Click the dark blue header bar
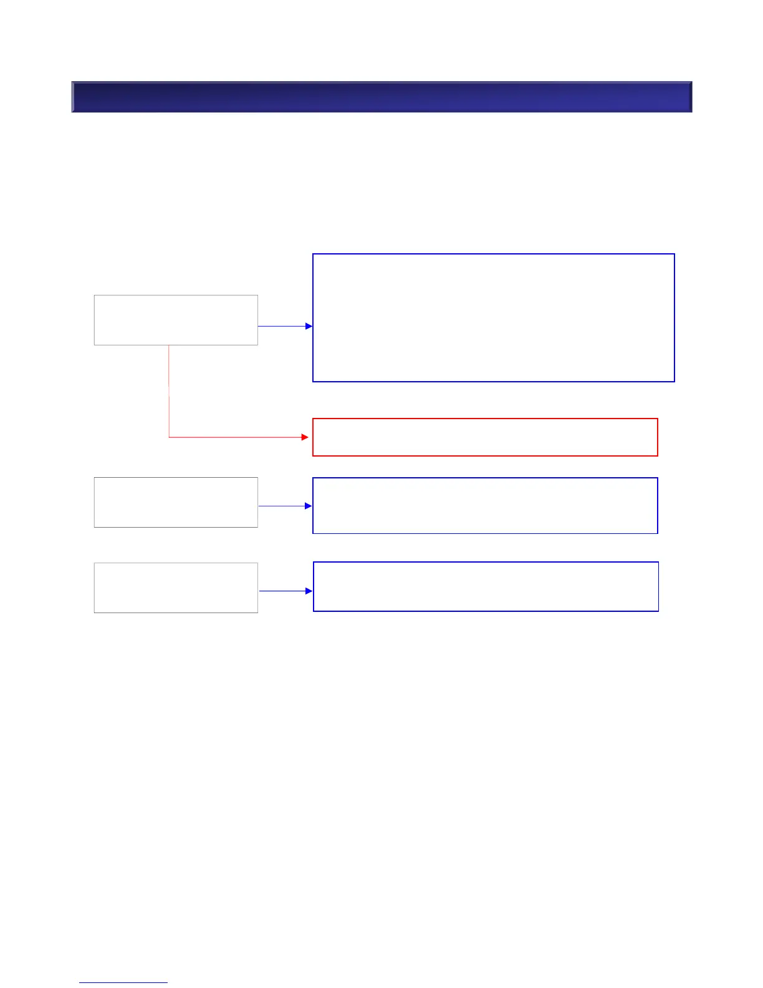point(381,97)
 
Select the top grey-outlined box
point(176,320)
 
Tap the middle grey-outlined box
point(176,502)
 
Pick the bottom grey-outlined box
point(176,588)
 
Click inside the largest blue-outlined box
point(493,317)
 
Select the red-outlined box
point(485,437)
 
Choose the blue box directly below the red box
point(485,506)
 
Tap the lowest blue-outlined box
point(486,586)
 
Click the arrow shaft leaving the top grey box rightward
point(281,326)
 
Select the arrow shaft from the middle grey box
point(281,506)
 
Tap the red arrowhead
point(305,437)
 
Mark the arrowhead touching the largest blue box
point(309,326)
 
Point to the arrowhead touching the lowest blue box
point(309,591)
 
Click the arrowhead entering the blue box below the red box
point(309,506)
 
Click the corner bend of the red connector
point(169,437)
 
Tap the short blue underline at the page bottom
point(123,983)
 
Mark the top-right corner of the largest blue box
point(674,254)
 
